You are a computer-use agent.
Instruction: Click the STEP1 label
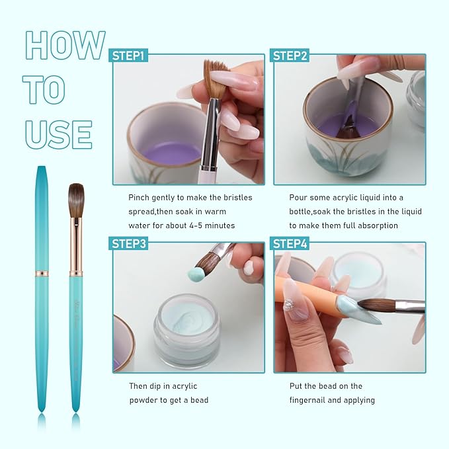[129, 56]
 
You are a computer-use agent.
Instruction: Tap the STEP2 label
[290, 56]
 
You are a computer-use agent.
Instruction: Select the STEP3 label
[129, 243]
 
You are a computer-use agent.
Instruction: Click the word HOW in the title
[65, 46]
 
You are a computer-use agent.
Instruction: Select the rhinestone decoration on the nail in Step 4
[289, 305]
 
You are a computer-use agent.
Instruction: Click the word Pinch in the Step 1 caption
[140, 197]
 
